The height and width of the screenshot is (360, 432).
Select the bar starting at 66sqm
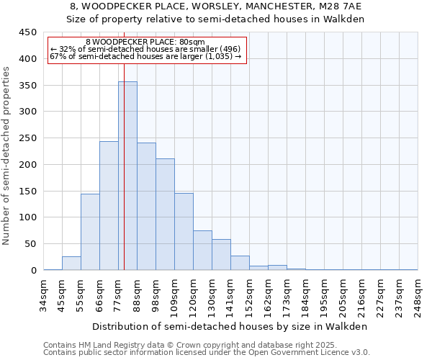[109, 206]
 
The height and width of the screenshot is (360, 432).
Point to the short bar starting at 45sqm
[71, 264]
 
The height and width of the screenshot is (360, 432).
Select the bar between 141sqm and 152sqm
[240, 263]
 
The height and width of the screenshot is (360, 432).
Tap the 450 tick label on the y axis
[27, 32]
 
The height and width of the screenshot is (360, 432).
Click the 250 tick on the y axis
[27, 138]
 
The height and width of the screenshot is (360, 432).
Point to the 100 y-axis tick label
[27, 217]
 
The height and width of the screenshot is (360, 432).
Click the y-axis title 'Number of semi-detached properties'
[7, 155]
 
